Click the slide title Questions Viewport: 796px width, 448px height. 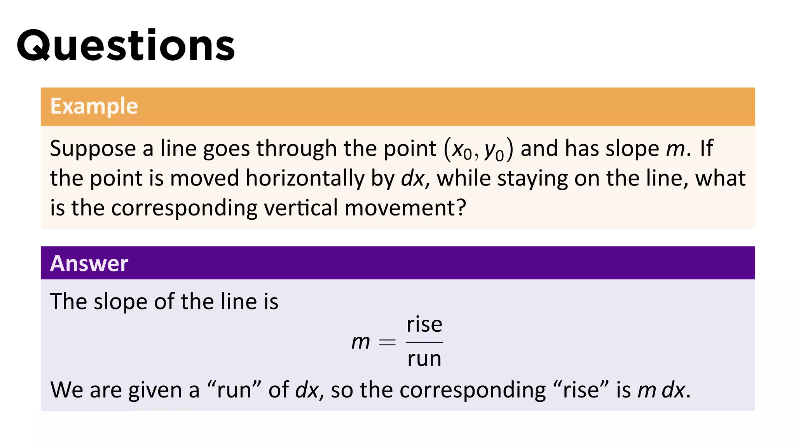[126, 46]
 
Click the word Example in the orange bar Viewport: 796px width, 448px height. [94, 106]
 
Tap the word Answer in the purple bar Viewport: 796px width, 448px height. [89, 263]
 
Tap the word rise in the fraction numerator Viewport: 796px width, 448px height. [424, 324]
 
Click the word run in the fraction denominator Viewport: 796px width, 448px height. [424, 359]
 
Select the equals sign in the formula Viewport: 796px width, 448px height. [387, 342]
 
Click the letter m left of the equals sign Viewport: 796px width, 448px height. [360, 342]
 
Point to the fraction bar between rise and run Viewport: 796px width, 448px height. [424, 342]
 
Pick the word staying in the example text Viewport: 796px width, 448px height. [532, 179]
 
